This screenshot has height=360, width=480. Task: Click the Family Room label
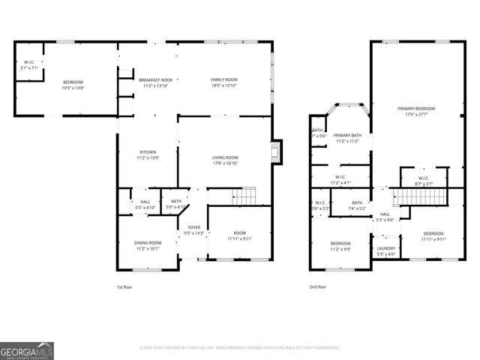click(x=223, y=79)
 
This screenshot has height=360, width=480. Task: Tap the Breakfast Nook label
click(x=155, y=79)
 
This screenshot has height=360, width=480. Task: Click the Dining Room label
click(x=148, y=242)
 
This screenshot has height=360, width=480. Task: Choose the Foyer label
click(x=193, y=226)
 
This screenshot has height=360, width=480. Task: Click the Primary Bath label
click(x=347, y=135)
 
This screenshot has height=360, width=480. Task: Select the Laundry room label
click(x=386, y=248)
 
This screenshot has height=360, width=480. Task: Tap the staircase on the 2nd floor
click(x=421, y=196)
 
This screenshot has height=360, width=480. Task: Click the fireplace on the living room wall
click(x=276, y=152)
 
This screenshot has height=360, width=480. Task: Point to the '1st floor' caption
click(x=124, y=286)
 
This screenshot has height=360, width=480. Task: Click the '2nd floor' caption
click(x=317, y=286)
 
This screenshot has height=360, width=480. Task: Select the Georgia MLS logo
click(x=27, y=350)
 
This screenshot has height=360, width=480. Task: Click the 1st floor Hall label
click(x=145, y=201)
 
